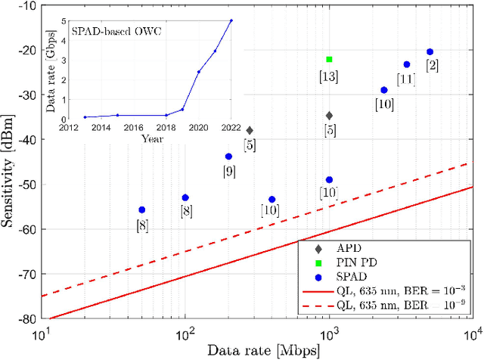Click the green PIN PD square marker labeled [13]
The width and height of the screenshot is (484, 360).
[x=329, y=59]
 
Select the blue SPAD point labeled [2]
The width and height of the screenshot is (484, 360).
[x=430, y=52]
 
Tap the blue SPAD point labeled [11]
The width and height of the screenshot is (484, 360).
[x=407, y=64]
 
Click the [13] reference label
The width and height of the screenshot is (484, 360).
[x=329, y=76]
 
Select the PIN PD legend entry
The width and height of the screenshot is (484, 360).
[x=352, y=262]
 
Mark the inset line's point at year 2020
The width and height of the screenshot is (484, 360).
[x=199, y=72]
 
